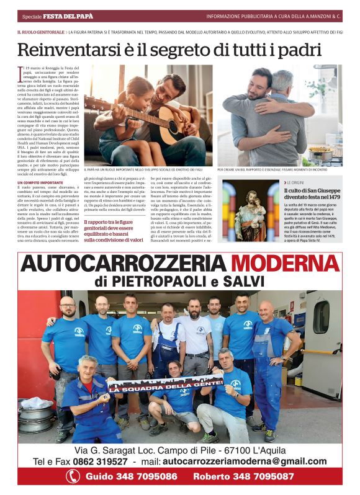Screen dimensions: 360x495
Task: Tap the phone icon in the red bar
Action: (73, 476)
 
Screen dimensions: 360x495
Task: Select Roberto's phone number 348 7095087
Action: (261, 476)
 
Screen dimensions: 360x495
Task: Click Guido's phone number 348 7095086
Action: (142, 476)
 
